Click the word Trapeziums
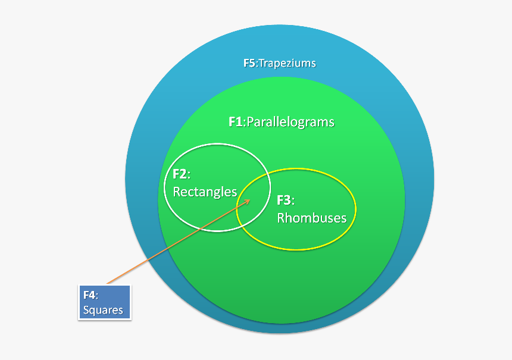(x=288, y=63)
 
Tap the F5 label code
(x=249, y=62)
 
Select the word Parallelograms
(x=291, y=122)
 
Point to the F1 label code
(x=236, y=122)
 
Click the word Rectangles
(x=205, y=192)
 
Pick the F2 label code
(x=180, y=174)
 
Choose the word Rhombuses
(x=311, y=218)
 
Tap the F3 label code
(x=284, y=200)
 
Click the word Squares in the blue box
(x=103, y=310)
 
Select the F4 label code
(x=89, y=295)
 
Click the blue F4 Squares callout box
(x=105, y=302)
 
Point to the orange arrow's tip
(x=250, y=200)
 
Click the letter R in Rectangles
(x=177, y=192)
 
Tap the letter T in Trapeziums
(x=262, y=63)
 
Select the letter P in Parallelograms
(x=251, y=122)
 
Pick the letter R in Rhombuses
(x=281, y=218)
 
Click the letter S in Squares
(x=86, y=309)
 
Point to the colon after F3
(x=293, y=201)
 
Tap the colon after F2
(x=189, y=176)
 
